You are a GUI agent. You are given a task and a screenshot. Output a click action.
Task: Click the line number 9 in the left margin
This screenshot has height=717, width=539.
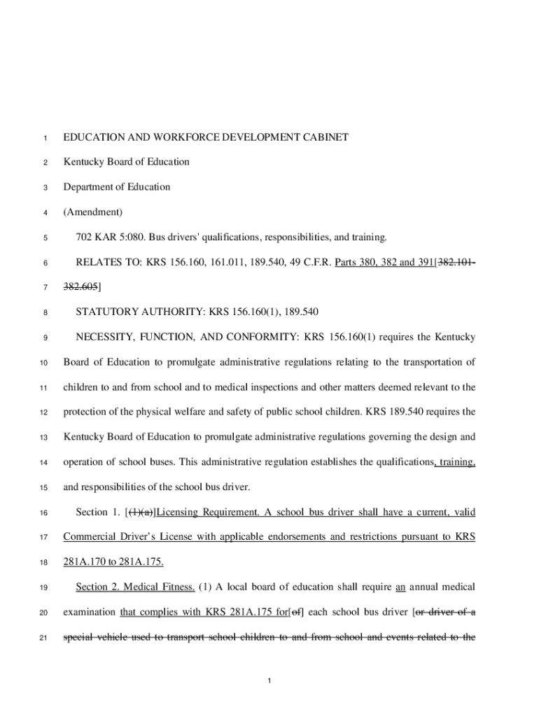44,338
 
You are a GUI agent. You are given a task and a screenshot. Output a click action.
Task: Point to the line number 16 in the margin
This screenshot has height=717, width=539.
43,513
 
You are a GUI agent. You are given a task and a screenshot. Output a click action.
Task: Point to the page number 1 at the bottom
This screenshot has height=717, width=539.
269,681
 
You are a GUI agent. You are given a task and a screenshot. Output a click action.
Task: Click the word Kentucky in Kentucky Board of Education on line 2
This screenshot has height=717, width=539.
84,162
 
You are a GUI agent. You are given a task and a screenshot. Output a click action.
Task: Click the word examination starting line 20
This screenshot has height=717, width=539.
90,612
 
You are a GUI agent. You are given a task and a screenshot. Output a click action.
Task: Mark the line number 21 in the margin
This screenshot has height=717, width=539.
43,638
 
